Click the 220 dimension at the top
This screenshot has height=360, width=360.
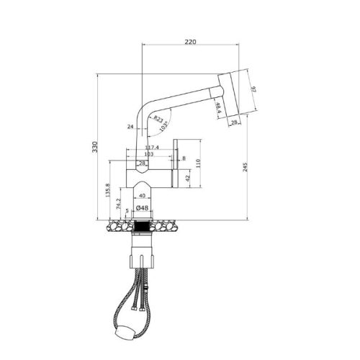190,42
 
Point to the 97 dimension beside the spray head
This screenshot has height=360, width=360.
253,89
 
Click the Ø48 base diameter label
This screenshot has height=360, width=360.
142,208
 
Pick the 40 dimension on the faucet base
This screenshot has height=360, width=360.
142,195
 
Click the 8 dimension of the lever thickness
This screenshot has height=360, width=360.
184,158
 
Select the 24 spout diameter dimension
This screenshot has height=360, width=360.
131,126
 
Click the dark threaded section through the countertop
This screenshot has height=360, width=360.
142,226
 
